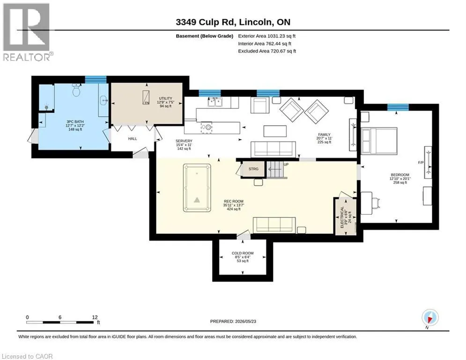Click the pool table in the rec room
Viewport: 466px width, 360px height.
tap(197, 188)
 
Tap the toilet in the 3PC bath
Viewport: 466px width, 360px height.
tap(76, 90)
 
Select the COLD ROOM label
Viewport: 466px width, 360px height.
tap(243, 253)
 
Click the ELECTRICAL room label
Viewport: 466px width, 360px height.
tap(342, 217)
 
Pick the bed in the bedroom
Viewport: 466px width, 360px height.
tap(379, 141)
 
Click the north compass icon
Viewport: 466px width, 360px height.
tap(430, 318)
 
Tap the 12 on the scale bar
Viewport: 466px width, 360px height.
tap(95, 317)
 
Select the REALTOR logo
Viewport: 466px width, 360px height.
tap(26, 32)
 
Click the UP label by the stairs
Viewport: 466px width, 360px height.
tap(286, 165)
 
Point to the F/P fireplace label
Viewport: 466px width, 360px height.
tap(421, 163)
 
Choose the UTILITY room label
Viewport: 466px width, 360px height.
tap(165, 98)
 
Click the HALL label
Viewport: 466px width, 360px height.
tap(133, 139)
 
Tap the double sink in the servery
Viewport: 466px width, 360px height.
tap(215, 102)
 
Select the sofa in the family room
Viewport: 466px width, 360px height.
tap(273, 150)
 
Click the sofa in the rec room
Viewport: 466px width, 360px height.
tap(274, 225)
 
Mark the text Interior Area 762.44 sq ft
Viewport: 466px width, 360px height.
tap(265, 44)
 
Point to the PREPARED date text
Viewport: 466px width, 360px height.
tap(233, 321)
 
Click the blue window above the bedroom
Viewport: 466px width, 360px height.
tap(398, 107)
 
